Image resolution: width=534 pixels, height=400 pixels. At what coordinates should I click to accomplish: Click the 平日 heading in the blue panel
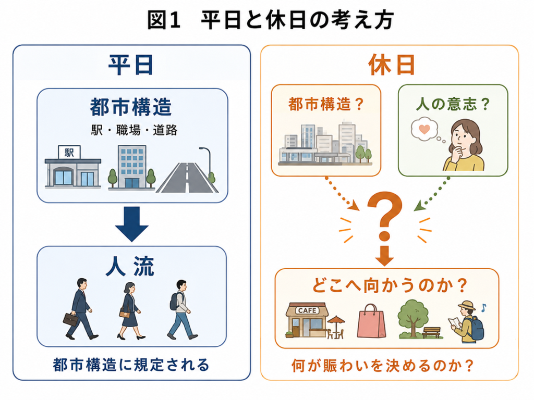pyautogui.click(x=131, y=65)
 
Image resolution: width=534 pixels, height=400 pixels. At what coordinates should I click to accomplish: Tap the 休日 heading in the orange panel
pyautogui.click(x=391, y=65)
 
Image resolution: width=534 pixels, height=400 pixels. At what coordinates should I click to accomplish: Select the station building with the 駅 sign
pyautogui.click(x=73, y=167)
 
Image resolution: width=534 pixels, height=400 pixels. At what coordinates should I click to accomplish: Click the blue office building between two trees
pyautogui.click(x=132, y=167)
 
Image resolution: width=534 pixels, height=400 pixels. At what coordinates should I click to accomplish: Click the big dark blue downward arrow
pyautogui.click(x=132, y=223)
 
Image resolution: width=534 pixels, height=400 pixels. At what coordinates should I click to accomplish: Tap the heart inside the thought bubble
pyautogui.click(x=424, y=129)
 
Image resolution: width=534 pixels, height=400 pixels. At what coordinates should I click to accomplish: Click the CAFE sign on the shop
pyautogui.click(x=307, y=310)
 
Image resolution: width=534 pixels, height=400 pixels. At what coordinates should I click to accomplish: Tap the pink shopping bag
pyautogui.click(x=371, y=322)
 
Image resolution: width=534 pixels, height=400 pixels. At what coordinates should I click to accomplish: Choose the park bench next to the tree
pyautogui.click(x=431, y=332)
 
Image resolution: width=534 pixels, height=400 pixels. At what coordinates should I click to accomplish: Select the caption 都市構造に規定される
pyautogui.click(x=131, y=365)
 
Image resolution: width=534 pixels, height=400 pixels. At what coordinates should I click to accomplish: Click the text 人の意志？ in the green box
pyautogui.click(x=453, y=104)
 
